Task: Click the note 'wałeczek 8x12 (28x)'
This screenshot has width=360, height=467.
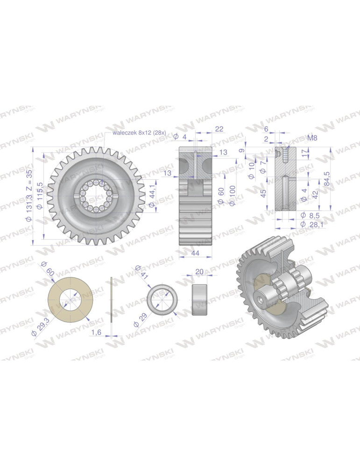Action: (x=139, y=133)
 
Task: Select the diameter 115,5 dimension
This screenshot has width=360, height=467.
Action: (x=41, y=194)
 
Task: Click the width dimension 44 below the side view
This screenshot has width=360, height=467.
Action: (x=195, y=254)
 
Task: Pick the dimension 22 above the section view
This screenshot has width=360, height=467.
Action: (x=219, y=129)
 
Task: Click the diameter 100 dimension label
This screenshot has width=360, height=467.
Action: (x=233, y=195)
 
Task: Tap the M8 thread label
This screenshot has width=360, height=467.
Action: (x=312, y=138)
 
